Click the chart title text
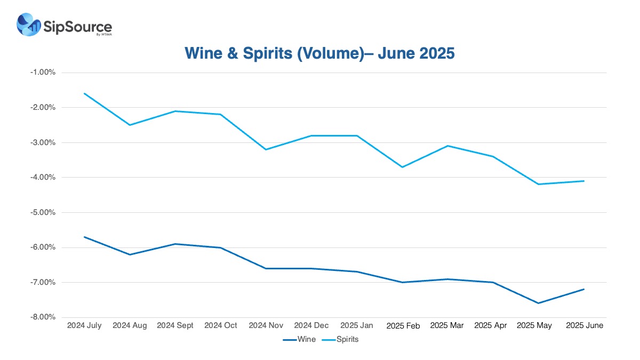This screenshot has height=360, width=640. [319, 53]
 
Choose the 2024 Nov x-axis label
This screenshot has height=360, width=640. [266, 325]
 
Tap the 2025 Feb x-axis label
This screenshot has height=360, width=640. [402, 325]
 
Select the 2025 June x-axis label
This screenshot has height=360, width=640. [584, 325]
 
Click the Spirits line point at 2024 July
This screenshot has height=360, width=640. [85, 93]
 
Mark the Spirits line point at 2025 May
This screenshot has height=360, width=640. [539, 184]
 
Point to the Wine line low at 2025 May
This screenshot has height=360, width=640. [539, 303]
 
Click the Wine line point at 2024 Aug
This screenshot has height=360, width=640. [130, 254]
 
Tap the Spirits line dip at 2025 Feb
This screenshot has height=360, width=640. [402, 167]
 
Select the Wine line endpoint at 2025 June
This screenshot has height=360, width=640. [584, 289]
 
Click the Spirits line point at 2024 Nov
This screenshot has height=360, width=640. [266, 149]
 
